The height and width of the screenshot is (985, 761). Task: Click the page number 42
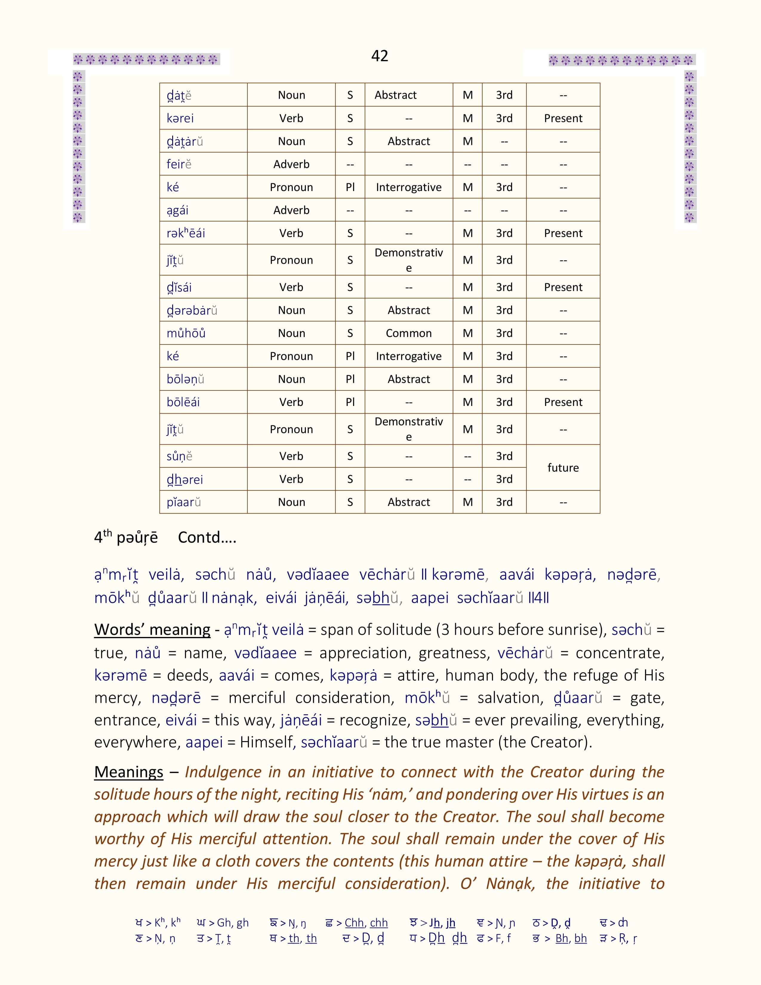point(380,56)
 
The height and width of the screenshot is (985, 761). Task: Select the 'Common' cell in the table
point(409,333)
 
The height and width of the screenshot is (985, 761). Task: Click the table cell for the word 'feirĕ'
point(179,164)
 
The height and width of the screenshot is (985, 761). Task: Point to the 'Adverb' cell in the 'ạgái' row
point(291,210)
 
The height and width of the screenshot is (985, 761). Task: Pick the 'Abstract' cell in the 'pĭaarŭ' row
point(409,502)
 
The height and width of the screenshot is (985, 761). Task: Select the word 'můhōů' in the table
point(186,333)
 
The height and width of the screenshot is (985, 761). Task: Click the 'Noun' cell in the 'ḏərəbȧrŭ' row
point(291,310)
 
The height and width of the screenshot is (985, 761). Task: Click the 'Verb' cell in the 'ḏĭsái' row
point(291,287)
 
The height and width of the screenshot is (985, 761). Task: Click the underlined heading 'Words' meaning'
point(152,630)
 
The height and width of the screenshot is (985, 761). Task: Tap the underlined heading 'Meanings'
point(129,772)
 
